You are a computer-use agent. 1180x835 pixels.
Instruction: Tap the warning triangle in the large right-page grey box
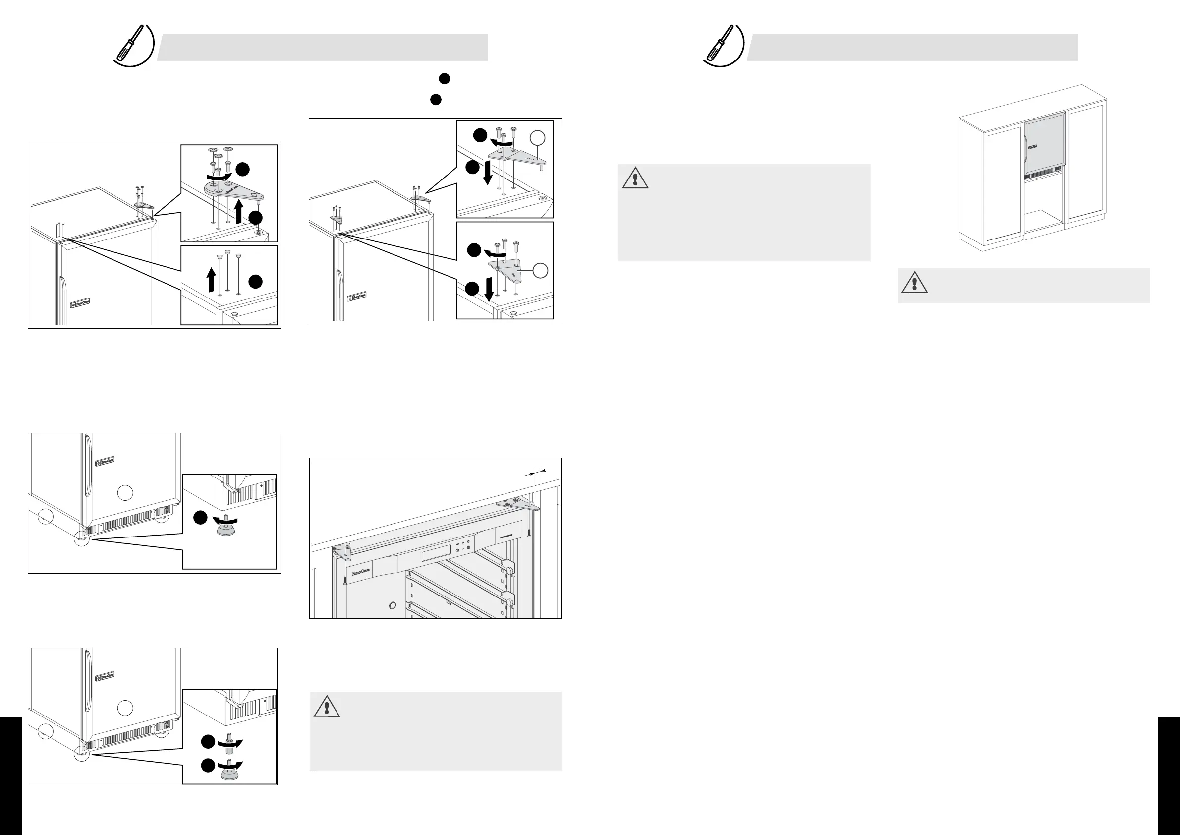coord(635,178)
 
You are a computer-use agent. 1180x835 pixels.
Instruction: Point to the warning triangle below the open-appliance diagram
coord(327,706)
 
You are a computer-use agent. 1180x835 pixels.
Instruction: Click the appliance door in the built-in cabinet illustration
coord(1045,144)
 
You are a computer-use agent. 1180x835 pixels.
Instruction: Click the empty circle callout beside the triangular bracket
coord(540,270)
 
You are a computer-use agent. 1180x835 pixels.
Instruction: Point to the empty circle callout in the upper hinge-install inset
coord(537,137)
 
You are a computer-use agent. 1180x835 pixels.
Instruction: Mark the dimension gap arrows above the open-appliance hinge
coord(535,472)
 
